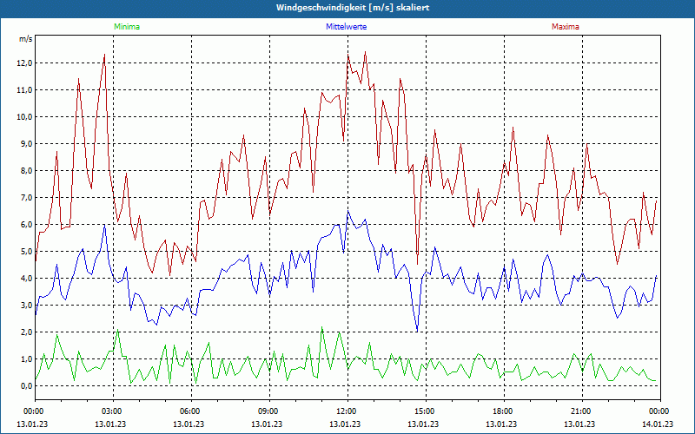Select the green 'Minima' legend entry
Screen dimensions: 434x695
tap(126, 27)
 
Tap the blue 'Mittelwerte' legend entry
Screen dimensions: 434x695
tap(346, 27)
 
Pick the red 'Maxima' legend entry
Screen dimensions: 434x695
tap(565, 27)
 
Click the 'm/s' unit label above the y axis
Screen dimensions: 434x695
tap(25, 39)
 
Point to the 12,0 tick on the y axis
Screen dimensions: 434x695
tap(22, 63)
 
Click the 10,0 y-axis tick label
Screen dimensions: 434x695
tap(22, 117)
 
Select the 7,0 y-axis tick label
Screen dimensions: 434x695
tap(23, 198)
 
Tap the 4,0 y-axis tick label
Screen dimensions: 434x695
tap(23, 279)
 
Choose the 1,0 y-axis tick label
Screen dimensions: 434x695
tap(23, 359)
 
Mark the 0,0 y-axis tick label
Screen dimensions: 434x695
tap(23, 386)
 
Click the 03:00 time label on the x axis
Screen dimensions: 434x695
tap(112, 411)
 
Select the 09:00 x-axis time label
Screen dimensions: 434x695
tap(268, 411)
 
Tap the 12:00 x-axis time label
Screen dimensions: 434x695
tap(347, 411)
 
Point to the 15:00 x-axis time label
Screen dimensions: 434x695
tap(425, 411)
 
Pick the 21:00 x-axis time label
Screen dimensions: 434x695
tap(581, 411)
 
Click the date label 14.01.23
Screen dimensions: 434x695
tap(659, 424)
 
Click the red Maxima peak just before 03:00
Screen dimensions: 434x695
tap(104, 55)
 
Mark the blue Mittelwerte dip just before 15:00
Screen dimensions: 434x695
tap(417, 332)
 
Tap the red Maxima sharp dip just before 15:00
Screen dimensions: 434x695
tap(417, 262)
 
